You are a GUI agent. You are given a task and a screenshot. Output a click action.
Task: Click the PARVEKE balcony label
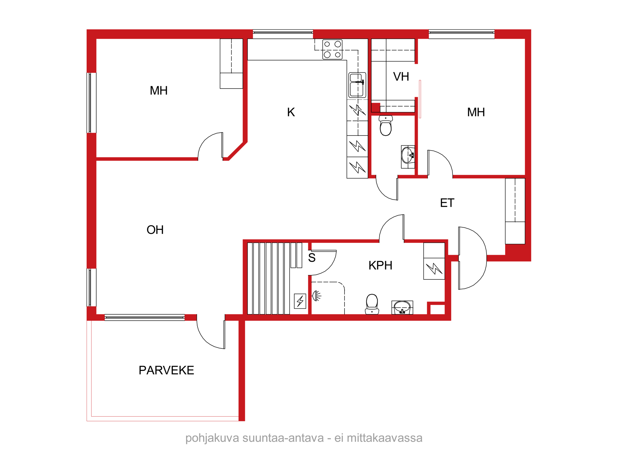click(x=166, y=370)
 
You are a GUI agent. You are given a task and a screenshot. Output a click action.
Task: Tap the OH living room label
click(x=155, y=230)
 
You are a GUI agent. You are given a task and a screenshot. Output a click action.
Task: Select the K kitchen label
click(x=291, y=112)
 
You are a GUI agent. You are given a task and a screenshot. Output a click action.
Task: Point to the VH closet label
click(x=401, y=77)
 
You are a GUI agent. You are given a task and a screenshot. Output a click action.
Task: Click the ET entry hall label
click(x=447, y=203)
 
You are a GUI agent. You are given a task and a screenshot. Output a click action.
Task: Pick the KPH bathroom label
click(x=380, y=266)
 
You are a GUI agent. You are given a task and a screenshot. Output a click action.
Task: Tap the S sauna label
click(x=312, y=258)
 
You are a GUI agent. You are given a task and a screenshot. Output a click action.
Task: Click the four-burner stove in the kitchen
click(x=332, y=50)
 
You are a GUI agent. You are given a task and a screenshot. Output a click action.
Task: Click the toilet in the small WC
click(x=386, y=125)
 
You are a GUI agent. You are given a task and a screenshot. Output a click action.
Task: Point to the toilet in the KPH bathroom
click(x=372, y=304)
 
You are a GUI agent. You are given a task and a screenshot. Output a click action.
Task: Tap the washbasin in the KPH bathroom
click(x=402, y=307)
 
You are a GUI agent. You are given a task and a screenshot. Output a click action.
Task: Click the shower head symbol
click(x=316, y=296)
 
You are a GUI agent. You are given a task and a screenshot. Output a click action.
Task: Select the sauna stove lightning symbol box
click(x=300, y=301)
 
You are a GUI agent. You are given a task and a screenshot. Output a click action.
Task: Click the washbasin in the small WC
click(x=408, y=157)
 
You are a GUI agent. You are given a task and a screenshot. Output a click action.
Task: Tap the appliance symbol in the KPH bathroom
click(x=434, y=269)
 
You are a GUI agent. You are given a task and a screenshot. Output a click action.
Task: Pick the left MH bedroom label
click(x=159, y=91)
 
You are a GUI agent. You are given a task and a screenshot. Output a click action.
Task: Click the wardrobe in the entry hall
click(x=515, y=211)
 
